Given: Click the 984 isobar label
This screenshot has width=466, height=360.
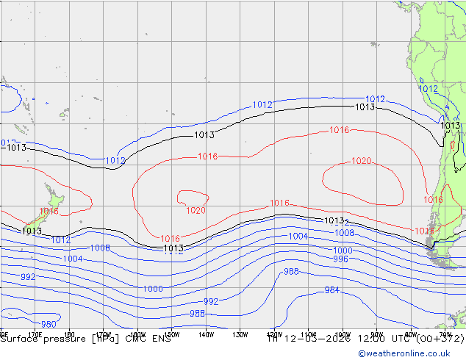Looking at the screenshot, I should [x=332, y=290].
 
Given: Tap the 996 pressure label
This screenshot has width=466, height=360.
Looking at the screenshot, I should [x=340, y=259].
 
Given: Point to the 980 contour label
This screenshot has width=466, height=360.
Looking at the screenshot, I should [x=49, y=324].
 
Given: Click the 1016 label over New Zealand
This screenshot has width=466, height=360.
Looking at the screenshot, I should [x=49, y=212].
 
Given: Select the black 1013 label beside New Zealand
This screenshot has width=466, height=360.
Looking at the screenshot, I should [x=32, y=231].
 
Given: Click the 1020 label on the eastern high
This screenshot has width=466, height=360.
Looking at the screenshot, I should [x=362, y=161].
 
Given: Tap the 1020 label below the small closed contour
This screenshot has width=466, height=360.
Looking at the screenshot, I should [x=196, y=211].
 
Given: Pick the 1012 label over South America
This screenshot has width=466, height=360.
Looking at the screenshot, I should [x=428, y=89].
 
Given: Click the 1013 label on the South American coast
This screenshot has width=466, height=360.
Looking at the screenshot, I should [x=450, y=126].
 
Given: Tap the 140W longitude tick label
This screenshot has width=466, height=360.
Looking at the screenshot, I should [x=205, y=335].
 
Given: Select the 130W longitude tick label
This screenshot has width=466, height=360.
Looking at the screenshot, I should [x=240, y=335].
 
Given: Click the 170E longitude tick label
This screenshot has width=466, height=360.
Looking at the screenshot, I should [x=34, y=335].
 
